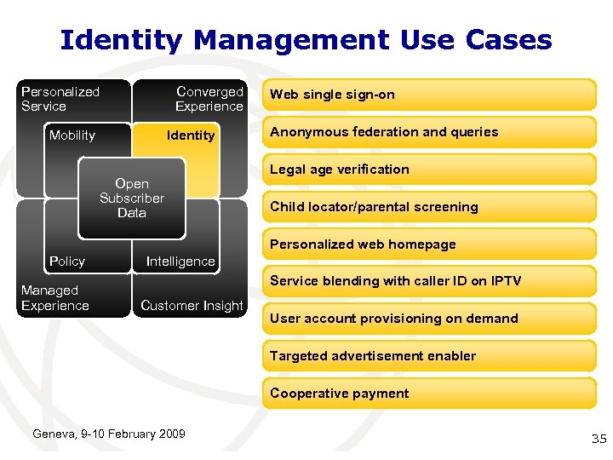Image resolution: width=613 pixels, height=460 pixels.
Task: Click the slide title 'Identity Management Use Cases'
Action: (x=306, y=39)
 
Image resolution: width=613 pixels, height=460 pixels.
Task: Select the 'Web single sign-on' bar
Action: (x=429, y=95)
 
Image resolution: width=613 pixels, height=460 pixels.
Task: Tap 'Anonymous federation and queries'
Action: (x=429, y=132)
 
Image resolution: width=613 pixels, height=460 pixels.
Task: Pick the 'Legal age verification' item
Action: (x=429, y=170)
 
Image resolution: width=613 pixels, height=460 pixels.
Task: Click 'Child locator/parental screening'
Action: (x=429, y=207)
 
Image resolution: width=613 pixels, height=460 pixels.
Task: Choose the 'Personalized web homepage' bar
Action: (x=429, y=244)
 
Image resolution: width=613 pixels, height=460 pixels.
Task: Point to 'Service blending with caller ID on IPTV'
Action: (x=429, y=281)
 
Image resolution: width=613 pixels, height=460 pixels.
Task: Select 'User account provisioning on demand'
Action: (x=429, y=319)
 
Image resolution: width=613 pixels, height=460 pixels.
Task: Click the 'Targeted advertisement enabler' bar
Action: (x=429, y=356)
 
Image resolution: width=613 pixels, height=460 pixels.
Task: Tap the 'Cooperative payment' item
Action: (x=429, y=394)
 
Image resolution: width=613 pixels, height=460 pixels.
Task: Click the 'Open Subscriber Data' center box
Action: (x=131, y=198)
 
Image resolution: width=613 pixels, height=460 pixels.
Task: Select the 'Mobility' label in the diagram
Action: (x=72, y=135)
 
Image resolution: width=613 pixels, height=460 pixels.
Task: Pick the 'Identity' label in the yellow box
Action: (x=191, y=135)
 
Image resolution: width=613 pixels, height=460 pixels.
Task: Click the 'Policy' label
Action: (x=67, y=262)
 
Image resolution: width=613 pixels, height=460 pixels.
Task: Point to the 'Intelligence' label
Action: (x=180, y=262)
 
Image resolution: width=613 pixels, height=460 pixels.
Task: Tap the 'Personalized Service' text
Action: (x=60, y=99)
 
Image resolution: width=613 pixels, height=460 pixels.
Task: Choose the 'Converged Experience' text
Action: (x=209, y=99)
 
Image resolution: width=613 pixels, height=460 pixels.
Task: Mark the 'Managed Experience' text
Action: (x=54, y=298)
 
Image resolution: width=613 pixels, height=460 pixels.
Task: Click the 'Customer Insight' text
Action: (x=192, y=306)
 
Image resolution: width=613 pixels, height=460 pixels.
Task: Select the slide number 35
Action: (x=599, y=439)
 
